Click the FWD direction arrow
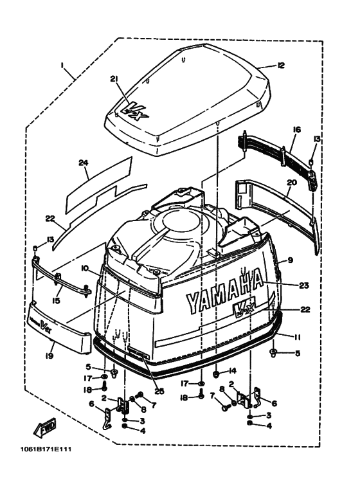click(x=45, y=428)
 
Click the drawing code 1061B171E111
click(x=46, y=450)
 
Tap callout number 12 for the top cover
click(x=281, y=66)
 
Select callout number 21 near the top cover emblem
click(x=114, y=79)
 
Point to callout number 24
click(x=84, y=163)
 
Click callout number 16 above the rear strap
click(x=297, y=130)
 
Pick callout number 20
click(x=292, y=183)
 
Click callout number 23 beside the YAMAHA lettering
click(x=304, y=285)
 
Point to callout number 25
click(x=159, y=392)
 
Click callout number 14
click(x=232, y=370)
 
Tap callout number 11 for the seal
click(x=297, y=338)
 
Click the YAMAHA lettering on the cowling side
click(x=224, y=291)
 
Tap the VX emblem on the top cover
click(x=135, y=113)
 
